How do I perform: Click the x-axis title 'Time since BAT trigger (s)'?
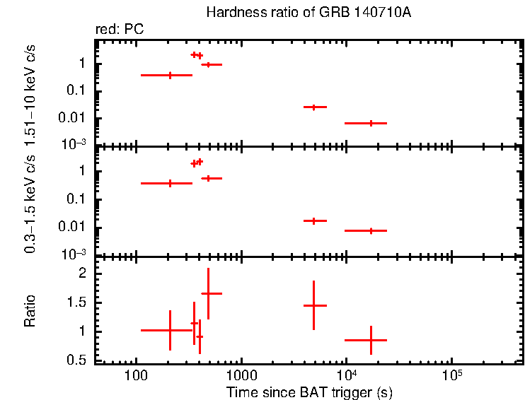(309, 392)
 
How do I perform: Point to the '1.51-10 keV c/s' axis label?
(30, 92)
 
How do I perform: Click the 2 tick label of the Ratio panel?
(82, 273)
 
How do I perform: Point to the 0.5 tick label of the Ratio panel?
(77, 360)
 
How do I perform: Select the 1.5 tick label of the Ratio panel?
(77, 302)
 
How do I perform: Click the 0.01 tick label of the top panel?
(75, 118)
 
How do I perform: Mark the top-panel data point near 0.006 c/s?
(370, 123)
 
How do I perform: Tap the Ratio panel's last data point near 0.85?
(370, 340)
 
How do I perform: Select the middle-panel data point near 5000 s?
(313, 220)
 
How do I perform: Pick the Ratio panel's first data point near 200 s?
(170, 330)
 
